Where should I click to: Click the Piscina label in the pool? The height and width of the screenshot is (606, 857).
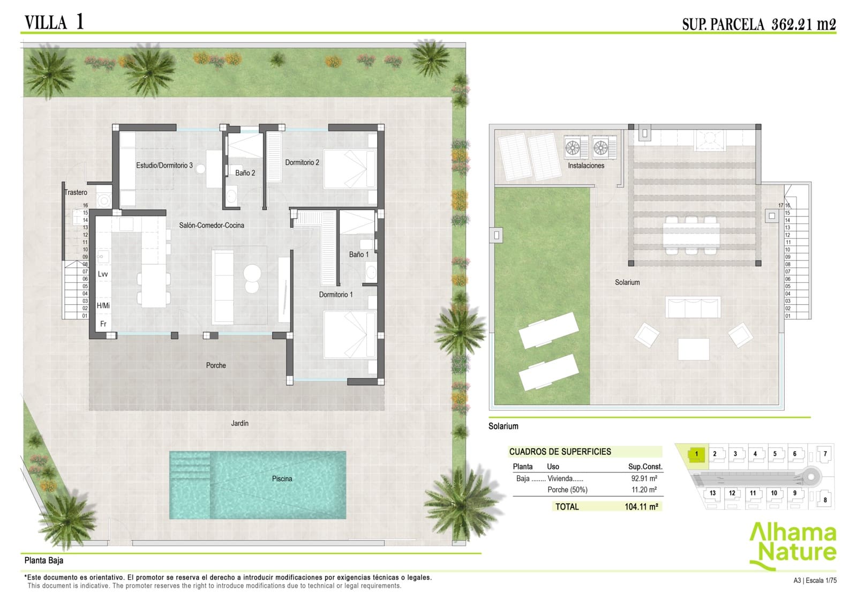pyautogui.click(x=282, y=478)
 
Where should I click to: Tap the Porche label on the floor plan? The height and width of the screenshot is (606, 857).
pyautogui.click(x=216, y=365)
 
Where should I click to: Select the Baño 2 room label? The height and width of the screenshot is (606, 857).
pyautogui.click(x=245, y=173)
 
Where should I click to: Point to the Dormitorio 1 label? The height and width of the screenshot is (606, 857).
pyautogui.click(x=336, y=295)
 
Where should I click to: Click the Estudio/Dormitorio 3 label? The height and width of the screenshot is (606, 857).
pyautogui.click(x=164, y=166)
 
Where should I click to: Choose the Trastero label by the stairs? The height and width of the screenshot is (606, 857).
pyautogui.click(x=76, y=192)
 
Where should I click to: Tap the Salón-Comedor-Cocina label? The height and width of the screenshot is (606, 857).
pyautogui.click(x=212, y=226)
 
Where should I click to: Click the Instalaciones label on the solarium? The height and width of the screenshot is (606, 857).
pyautogui.click(x=586, y=166)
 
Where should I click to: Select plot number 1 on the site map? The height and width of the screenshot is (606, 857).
pyautogui.click(x=696, y=454)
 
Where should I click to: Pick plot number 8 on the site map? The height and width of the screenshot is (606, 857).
pyautogui.click(x=825, y=500)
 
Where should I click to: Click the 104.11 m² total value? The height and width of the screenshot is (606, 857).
pyautogui.click(x=641, y=507)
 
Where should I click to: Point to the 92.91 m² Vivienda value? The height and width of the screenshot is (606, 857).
pyautogui.click(x=644, y=478)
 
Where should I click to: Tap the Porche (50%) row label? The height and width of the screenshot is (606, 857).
pyautogui.click(x=567, y=490)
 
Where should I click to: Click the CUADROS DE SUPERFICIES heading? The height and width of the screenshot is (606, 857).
pyautogui.click(x=560, y=452)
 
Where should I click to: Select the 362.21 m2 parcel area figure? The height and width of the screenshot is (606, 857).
pyautogui.click(x=803, y=24)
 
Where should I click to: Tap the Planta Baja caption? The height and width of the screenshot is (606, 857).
pyautogui.click(x=44, y=560)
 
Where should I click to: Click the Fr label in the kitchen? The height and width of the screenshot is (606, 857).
pyautogui.click(x=103, y=324)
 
